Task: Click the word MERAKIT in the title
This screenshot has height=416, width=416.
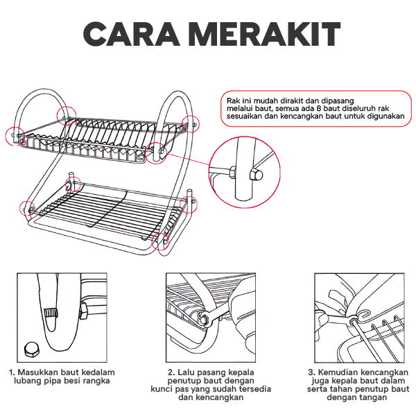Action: point(257,35)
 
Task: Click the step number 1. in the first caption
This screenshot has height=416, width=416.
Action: point(12,372)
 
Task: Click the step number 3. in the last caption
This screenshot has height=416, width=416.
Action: point(311,372)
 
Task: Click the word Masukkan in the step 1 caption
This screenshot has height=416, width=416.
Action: point(37,372)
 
